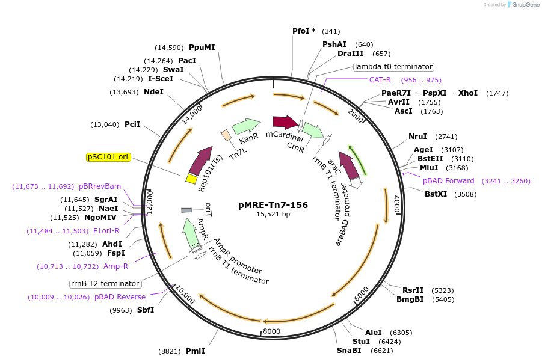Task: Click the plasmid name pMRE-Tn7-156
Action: click(x=273, y=204)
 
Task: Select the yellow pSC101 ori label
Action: click(x=108, y=157)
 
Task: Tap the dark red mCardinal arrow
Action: click(x=285, y=123)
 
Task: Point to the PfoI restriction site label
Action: click(x=304, y=31)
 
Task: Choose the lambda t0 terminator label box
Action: click(x=393, y=67)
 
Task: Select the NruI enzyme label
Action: click(x=417, y=137)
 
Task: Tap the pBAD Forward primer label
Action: click(x=448, y=180)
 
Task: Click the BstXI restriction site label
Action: click(x=436, y=194)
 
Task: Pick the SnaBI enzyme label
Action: click(x=349, y=350)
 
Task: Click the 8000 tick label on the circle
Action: click(x=272, y=331)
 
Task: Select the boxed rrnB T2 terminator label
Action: click(x=105, y=284)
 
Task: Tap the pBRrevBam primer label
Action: click(x=100, y=186)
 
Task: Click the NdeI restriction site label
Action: click(x=153, y=92)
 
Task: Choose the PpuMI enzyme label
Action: click(x=202, y=48)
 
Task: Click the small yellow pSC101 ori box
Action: click(x=191, y=179)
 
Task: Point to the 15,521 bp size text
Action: click(x=273, y=214)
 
